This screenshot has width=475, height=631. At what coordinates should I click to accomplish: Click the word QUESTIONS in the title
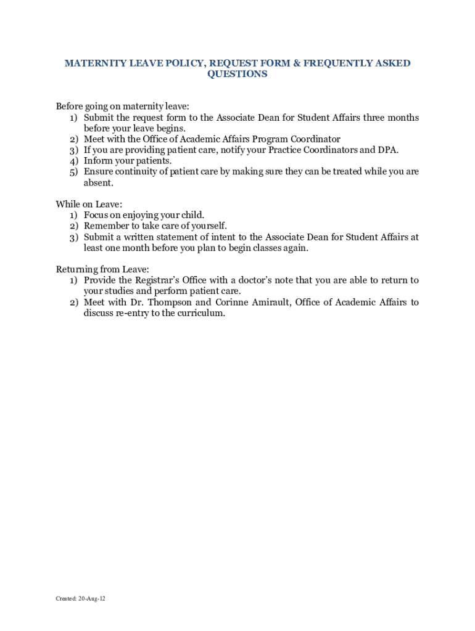tap(238, 74)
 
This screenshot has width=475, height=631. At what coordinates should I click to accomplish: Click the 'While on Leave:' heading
tap(89, 204)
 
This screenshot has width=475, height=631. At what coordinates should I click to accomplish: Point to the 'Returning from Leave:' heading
tap(102, 269)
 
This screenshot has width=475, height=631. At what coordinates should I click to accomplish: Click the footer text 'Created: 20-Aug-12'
tap(80, 598)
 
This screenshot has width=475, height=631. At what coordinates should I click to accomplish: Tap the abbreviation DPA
tap(388, 150)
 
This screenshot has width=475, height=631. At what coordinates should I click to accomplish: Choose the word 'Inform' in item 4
tap(97, 161)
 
